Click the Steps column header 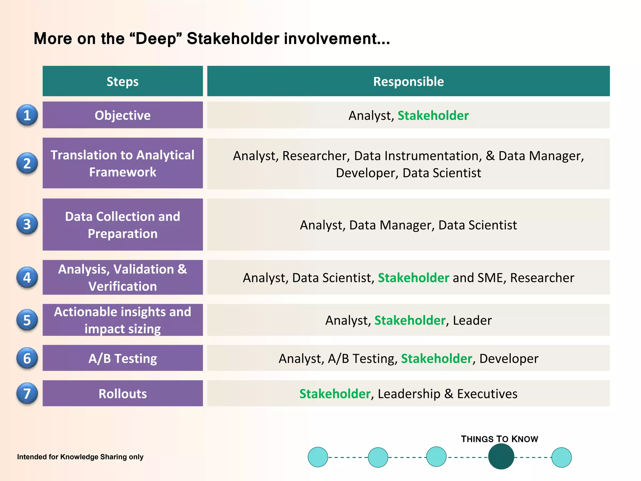pos(122,81)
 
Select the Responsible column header pos(408,81)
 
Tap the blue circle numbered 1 pos(27,115)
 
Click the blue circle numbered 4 pos(27,277)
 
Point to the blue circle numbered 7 pos(27,394)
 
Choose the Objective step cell pos(122,115)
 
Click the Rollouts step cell pos(122,394)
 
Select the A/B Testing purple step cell pos(122,358)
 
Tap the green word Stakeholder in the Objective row pos(433,116)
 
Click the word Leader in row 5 pos(472,320)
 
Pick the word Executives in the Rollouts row pos(487,394)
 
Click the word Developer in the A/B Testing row pos(509,359)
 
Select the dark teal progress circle pos(501,457)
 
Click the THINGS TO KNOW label pos(499,439)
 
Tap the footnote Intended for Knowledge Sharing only pos(80,457)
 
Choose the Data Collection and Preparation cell pos(122,225)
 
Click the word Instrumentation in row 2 pos(418,156)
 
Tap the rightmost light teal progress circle pos(561,457)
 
